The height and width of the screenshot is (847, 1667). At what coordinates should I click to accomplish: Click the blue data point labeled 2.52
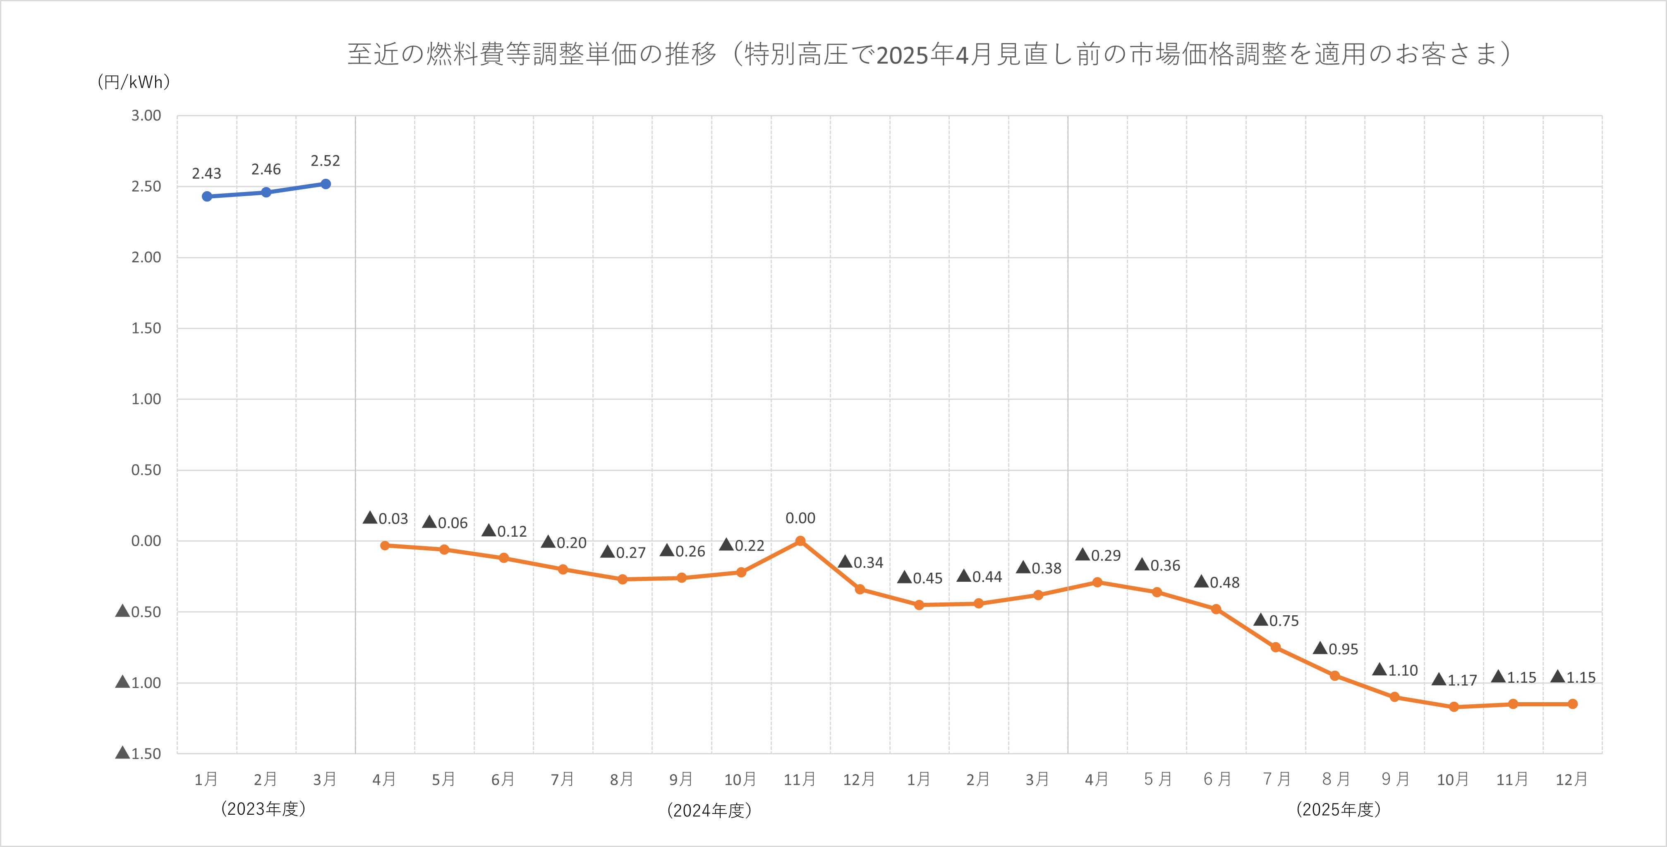point(326,184)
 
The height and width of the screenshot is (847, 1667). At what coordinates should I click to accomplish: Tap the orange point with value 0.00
point(800,541)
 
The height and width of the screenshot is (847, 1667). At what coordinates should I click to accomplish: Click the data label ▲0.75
point(1276,620)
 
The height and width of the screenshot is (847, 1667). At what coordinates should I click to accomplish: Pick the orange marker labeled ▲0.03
point(385,545)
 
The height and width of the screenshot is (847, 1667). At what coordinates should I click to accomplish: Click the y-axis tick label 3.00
point(146,115)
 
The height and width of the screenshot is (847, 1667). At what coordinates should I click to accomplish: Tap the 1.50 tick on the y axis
point(146,328)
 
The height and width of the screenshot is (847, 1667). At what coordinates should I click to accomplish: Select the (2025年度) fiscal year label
point(1338,809)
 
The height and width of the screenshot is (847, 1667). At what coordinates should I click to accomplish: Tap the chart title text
point(929,54)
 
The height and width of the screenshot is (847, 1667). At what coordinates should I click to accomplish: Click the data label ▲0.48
point(1217,582)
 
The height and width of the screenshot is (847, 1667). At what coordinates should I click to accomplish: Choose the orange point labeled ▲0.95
point(1334,675)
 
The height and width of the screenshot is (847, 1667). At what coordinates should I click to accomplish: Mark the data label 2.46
point(266,170)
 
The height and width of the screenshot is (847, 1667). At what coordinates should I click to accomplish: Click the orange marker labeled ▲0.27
point(623,579)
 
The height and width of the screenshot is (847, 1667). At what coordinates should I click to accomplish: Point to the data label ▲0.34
point(861,562)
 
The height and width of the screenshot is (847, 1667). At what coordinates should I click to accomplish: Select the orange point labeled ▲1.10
point(1394,697)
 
